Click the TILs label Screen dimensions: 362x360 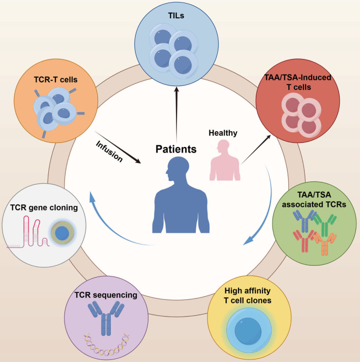pyautogui.click(x=180, y=16)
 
